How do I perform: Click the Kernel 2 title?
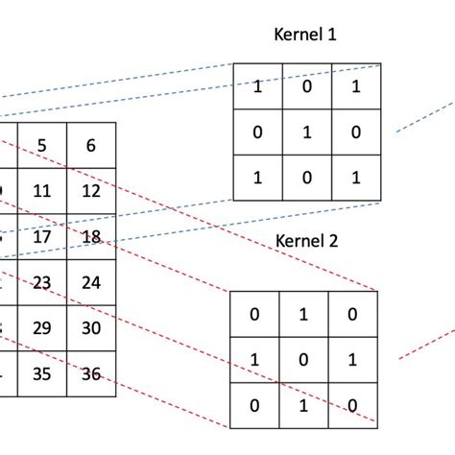307,241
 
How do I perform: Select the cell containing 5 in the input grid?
41,145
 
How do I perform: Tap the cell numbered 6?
91,145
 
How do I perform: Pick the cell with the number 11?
41,191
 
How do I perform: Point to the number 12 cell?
91,191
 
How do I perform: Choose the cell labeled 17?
41,236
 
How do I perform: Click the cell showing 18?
91,236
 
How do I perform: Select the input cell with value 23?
41,282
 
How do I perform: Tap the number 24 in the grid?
91,282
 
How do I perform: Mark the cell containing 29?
41,327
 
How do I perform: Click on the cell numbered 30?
91,327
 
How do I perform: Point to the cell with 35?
41,373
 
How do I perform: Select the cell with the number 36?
91,373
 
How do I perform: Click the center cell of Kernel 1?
307,132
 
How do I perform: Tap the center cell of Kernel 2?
304,358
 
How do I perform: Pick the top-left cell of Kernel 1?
258,87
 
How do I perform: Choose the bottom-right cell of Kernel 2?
353,404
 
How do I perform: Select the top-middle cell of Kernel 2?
304,314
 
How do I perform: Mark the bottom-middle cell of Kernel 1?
307,178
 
